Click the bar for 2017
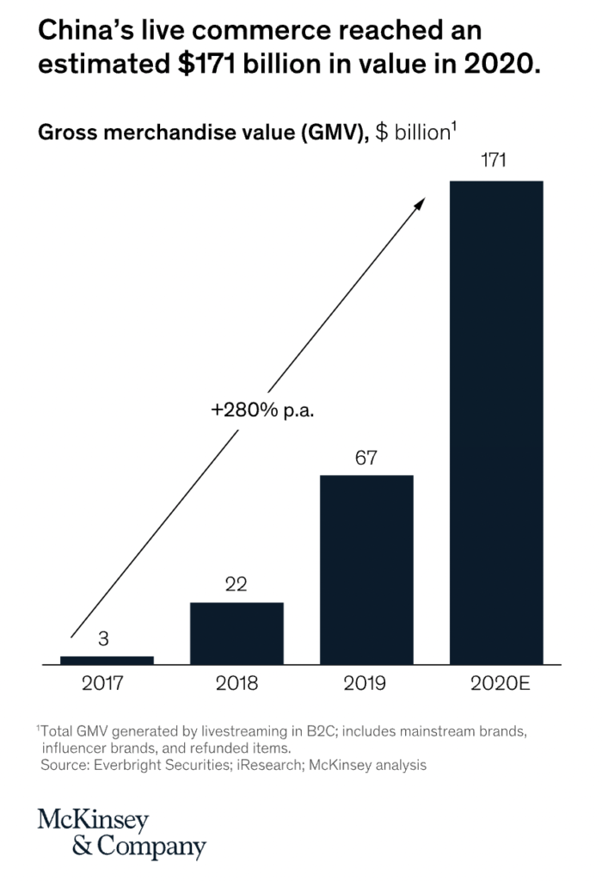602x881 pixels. (x=107, y=660)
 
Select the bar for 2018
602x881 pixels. (x=236, y=633)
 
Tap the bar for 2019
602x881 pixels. (x=366, y=570)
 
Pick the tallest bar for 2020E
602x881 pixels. (x=496, y=422)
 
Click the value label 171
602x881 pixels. (x=496, y=161)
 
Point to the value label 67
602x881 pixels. (x=366, y=457)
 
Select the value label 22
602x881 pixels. (x=236, y=585)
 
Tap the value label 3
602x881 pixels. (x=103, y=639)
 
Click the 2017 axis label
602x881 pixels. (x=103, y=685)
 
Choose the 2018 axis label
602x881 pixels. (x=236, y=685)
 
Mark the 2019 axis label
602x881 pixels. (x=365, y=685)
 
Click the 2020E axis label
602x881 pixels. (x=497, y=685)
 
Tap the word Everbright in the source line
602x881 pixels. (x=122, y=764)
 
